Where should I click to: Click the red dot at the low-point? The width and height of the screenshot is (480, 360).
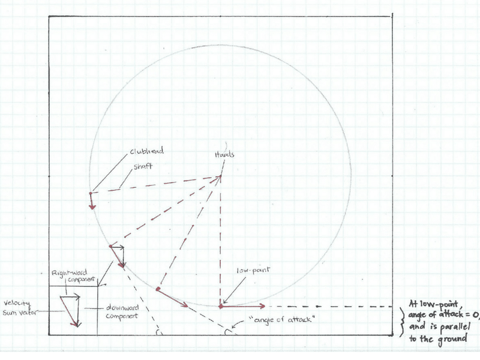tap(221, 307)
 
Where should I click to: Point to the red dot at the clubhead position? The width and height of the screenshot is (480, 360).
tap(91, 193)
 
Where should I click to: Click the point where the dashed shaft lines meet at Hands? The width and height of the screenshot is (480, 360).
tap(221, 176)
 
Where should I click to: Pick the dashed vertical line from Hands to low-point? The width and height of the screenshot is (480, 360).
tap(221, 240)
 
